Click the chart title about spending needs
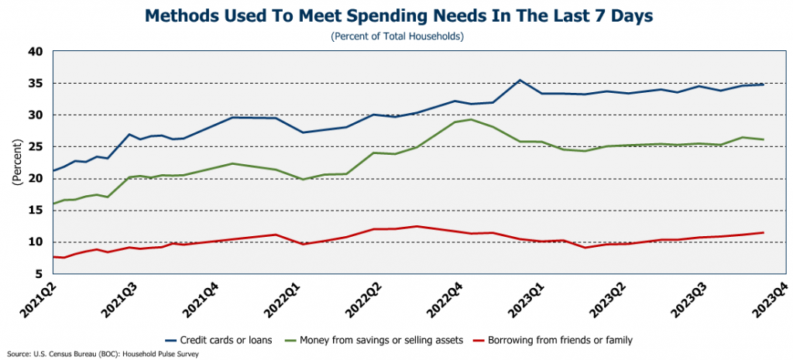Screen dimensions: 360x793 click(x=396, y=15)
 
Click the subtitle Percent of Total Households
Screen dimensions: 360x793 click(x=396, y=36)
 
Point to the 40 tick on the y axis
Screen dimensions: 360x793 click(x=36, y=52)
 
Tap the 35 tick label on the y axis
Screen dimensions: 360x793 click(x=36, y=84)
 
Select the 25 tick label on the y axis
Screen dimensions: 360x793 click(x=36, y=147)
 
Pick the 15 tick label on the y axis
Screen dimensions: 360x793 click(x=36, y=211)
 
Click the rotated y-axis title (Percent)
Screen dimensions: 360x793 click(x=15, y=163)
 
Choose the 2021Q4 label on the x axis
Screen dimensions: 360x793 click(x=200, y=297)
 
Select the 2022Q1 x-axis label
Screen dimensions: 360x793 click(x=283, y=297)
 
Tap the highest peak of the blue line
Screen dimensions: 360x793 click(x=520, y=80)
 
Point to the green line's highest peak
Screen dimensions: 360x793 click(x=471, y=119)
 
